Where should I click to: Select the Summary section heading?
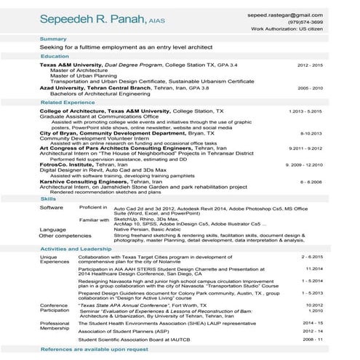click(54, 39)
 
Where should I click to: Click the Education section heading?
click(55, 56)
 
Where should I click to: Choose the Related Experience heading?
click(68, 103)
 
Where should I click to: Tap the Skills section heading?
click(49, 198)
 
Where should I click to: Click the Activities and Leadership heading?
click(76, 249)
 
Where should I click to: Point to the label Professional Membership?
click(55, 326)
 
